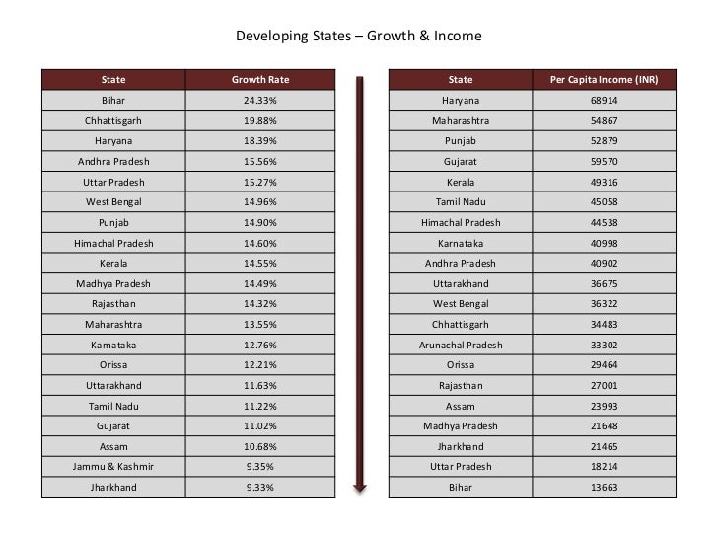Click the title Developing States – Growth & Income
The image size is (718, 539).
[x=358, y=38]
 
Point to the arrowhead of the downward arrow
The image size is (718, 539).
[x=360, y=486]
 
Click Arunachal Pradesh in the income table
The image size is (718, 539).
[x=461, y=346]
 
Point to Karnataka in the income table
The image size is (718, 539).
[x=461, y=244]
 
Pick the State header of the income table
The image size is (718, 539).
[x=461, y=80]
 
